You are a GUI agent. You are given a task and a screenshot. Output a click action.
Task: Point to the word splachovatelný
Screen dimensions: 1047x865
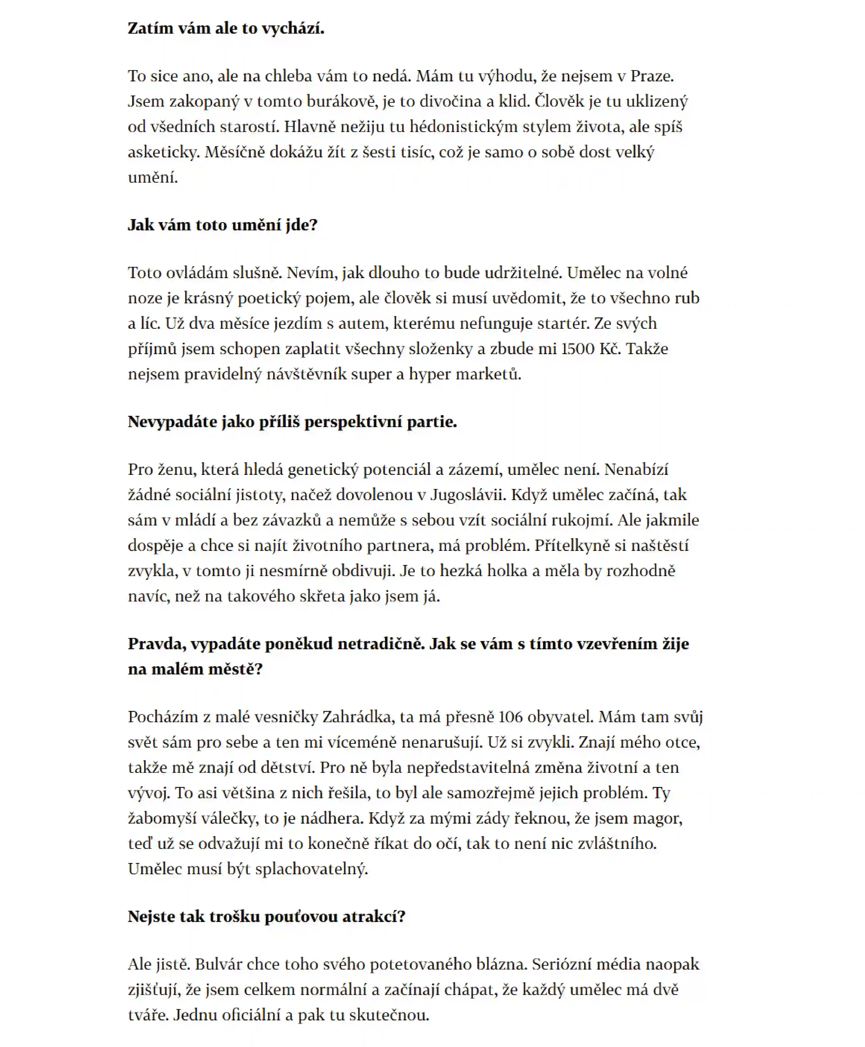311,869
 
